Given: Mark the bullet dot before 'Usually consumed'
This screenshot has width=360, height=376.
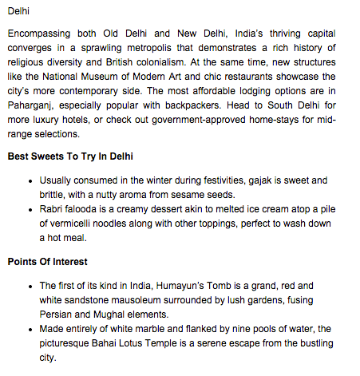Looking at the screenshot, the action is [30, 180].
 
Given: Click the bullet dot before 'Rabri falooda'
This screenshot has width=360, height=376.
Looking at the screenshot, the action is [30, 210].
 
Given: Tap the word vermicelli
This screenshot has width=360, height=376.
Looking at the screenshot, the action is [77, 224].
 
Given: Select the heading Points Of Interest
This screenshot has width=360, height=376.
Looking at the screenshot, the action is [47, 261].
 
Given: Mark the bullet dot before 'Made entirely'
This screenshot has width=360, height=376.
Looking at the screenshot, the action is [30, 329].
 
